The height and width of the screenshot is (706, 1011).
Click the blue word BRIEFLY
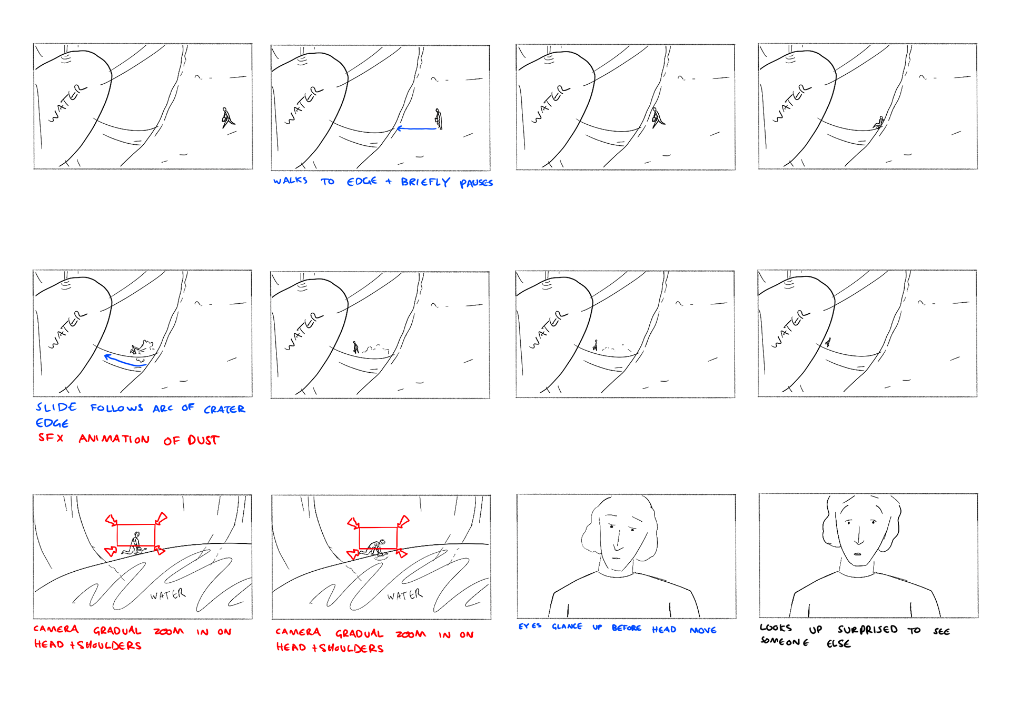(425, 182)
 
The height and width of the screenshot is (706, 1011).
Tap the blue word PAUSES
(476, 183)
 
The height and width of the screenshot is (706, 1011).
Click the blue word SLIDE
(56, 407)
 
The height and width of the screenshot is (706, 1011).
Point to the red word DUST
(203, 440)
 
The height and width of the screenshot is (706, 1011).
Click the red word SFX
(51, 437)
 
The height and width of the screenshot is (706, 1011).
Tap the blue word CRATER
(224, 409)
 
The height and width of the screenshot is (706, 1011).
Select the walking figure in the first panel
(227, 118)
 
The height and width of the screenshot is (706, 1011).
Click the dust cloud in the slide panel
(146, 346)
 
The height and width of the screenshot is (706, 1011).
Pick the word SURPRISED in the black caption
(867, 630)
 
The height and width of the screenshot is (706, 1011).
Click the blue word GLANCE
(567, 627)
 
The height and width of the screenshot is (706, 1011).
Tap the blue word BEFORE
(626, 628)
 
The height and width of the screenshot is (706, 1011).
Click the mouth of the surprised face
(857, 553)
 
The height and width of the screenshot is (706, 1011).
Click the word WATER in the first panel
(67, 103)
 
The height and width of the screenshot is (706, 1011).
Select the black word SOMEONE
(784, 642)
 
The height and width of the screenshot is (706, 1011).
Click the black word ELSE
(838, 643)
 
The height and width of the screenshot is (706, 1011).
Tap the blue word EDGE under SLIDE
(52, 423)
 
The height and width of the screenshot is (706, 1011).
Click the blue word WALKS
(290, 181)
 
